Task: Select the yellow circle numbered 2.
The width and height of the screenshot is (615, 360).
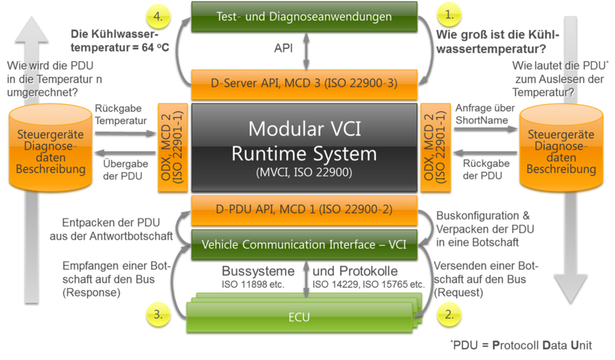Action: [449, 315]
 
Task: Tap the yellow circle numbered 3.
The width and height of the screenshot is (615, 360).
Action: [159, 314]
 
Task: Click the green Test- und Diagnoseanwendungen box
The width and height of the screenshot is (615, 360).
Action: [304, 15]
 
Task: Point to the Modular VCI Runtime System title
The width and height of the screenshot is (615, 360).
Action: [304, 141]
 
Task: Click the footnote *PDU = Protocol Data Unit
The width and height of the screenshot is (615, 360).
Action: [522, 345]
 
